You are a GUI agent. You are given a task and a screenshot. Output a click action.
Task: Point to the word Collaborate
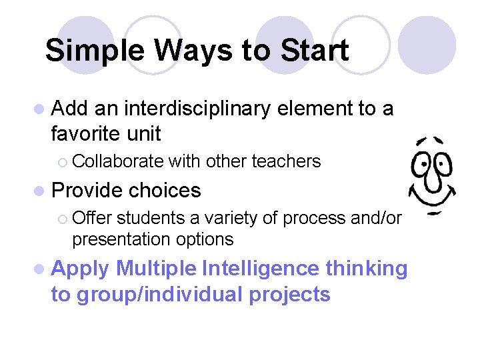118,161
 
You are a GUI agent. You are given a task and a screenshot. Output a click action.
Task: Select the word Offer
91,218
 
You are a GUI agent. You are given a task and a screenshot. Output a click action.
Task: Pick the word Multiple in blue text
155,269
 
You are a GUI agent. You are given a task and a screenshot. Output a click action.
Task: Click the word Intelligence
261,269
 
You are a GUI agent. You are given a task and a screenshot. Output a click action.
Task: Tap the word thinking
366,269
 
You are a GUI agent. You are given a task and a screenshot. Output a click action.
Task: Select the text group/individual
159,294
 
